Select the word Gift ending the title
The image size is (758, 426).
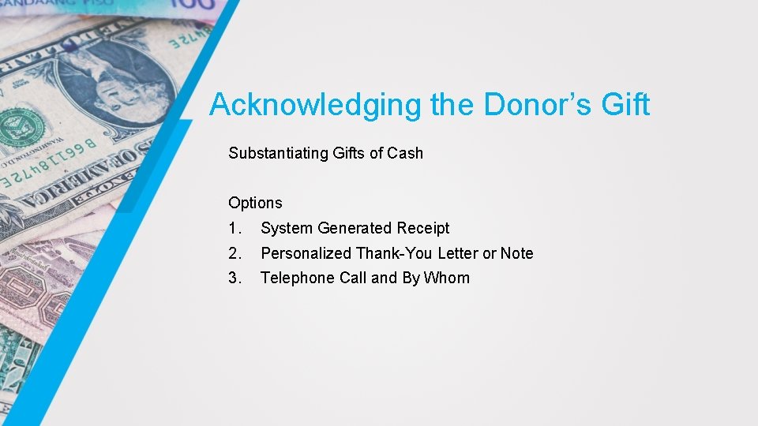(624, 105)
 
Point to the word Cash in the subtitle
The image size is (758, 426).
(405, 153)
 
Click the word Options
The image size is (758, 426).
(255, 203)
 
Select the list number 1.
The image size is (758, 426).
(234, 228)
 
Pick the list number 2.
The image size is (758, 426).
(234, 253)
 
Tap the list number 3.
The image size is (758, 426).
(234, 278)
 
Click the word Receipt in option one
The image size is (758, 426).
(423, 228)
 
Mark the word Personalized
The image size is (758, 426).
(306, 253)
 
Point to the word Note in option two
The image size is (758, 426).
(517, 253)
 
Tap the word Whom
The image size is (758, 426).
(447, 278)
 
